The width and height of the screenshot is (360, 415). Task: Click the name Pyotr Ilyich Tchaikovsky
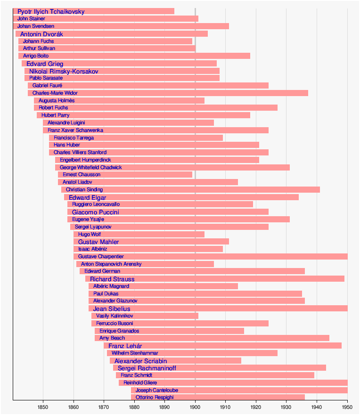coord(51,11)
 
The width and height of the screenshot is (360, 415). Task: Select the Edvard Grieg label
coord(45,64)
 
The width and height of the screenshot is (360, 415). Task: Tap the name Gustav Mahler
coord(98,242)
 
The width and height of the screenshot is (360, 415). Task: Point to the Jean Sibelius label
coord(112,309)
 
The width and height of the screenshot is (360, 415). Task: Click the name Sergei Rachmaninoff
coord(147,368)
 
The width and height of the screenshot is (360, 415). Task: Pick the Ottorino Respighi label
coord(155,398)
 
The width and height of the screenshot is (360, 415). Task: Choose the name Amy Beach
coord(112,338)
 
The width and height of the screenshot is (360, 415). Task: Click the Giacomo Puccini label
coord(96,212)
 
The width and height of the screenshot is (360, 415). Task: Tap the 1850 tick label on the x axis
coord(43,407)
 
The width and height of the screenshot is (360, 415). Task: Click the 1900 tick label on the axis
coord(195,407)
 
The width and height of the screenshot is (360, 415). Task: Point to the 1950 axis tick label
coord(347,407)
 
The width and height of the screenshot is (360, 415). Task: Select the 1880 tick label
coord(134,407)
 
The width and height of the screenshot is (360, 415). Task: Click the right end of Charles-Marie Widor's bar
coord(308,93)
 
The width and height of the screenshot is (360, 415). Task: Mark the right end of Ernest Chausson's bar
coord(192,175)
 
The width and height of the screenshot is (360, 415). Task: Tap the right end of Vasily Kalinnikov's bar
coord(198,316)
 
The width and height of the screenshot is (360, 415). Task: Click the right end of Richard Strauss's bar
coord(344,279)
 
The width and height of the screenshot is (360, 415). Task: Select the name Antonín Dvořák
coord(41,34)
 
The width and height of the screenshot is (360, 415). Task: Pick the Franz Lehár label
coord(125,346)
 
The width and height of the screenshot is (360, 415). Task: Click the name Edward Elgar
coord(88,197)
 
